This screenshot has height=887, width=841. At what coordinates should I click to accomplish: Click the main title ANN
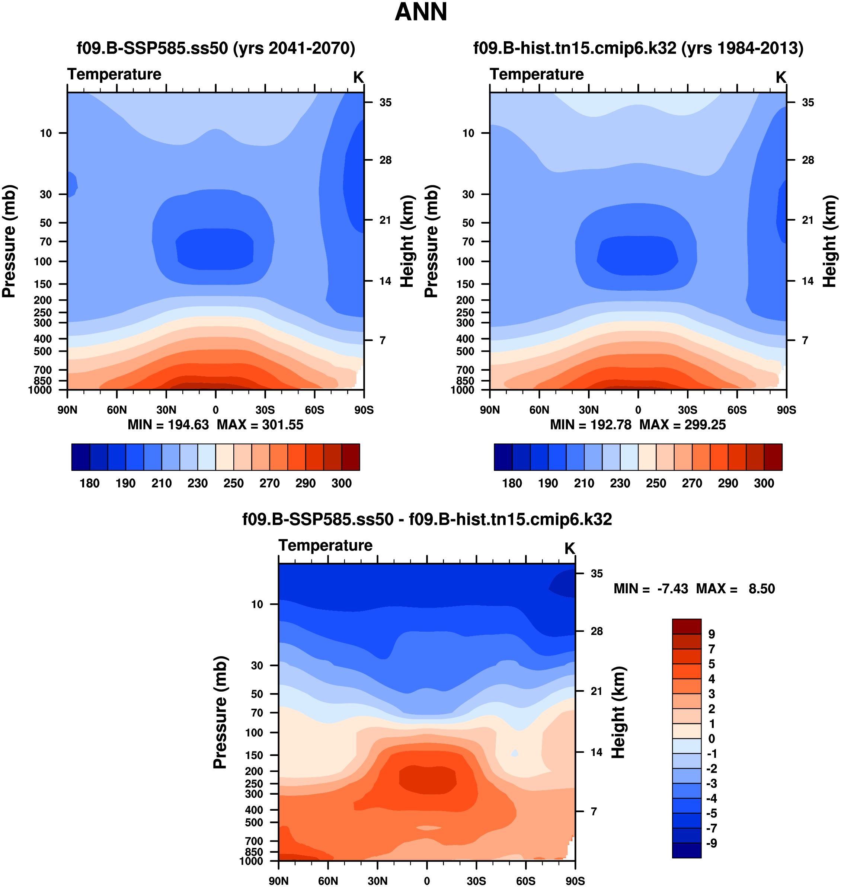[420, 12]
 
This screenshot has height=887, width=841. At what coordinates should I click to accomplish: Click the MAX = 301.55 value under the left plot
[260, 425]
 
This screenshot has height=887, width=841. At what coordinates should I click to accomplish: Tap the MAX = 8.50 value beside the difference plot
[735, 588]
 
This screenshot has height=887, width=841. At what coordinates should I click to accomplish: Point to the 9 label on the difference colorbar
[712, 634]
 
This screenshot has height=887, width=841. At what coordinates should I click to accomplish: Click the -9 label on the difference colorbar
[712, 843]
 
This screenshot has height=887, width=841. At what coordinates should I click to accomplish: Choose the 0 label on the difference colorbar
[712, 738]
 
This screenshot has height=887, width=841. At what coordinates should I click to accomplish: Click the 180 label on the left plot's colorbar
[89, 484]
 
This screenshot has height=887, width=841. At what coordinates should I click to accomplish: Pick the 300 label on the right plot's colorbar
[764, 484]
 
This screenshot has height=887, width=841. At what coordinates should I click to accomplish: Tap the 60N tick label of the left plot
[116, 410]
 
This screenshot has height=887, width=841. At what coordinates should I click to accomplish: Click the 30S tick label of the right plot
[687, 410]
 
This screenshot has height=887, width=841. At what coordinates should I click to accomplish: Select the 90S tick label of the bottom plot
[575, 881]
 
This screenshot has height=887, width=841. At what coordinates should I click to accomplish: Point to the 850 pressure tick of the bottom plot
[254, 852]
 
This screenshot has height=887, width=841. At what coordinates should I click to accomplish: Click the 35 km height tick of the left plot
[385, 103]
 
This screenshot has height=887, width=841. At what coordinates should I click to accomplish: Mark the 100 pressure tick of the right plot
[465, 261]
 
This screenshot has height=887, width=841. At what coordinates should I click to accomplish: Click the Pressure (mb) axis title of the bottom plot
[220, 712]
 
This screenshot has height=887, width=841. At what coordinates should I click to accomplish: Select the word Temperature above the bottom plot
[326, 545]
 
